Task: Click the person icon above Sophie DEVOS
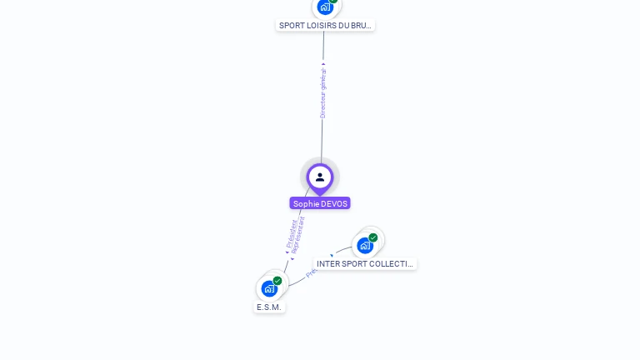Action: (x=320, y=177)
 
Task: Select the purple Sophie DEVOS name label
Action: (x=320, y=203)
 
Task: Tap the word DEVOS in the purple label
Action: (x=333, y=203)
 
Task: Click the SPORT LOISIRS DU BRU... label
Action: (x=325, y=25)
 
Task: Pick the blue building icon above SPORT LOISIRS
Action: (x=325, y=7)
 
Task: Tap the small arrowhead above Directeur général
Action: (x=323, y=64)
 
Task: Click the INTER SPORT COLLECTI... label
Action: (x=365, y=263)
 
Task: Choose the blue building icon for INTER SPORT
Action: (x=365, y=246)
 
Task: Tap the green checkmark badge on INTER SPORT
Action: (x=373, y=237)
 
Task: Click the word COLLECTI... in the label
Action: (x=391, y=263)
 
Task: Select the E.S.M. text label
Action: (x=269, y=307)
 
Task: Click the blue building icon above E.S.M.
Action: (x=269, y=289)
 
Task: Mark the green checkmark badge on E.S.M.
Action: (x=277, y=281)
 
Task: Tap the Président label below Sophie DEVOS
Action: (x=292, y=233)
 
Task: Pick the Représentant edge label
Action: (x=299, y=235)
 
